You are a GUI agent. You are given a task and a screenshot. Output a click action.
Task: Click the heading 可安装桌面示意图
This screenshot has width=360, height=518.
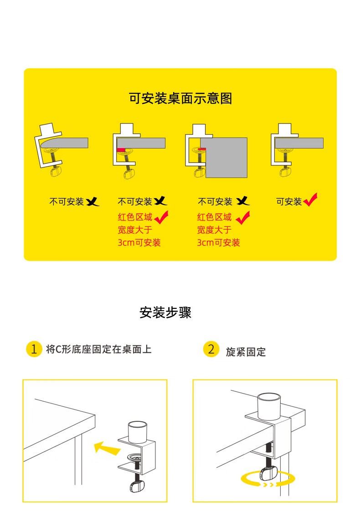click(x=180, y=98)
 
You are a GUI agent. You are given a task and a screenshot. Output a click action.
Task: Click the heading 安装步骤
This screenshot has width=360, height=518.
click(x=165, y=312)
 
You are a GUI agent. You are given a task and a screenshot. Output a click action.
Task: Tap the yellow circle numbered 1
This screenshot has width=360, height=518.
click(x=34, y=349)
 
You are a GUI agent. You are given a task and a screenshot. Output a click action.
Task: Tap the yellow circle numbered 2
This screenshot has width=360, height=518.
click(x=211, y=349)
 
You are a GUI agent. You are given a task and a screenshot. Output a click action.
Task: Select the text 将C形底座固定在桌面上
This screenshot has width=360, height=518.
click(x=99, y=349)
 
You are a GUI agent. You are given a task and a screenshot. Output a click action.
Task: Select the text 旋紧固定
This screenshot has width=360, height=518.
click(x=246, y=352)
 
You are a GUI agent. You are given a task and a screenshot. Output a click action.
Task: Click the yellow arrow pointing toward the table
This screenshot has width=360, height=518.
click(x=107, y=448)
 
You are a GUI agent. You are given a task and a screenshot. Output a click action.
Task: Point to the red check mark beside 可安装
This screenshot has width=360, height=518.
click(x=310, y=200)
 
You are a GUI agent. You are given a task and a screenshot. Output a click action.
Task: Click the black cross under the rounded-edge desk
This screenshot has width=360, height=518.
click(x=93, y=201)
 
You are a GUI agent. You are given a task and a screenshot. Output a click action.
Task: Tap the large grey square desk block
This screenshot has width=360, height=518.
click(x=224, y=158)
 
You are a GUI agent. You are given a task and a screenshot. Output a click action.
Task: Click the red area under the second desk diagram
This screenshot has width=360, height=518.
click(x=121, y=150)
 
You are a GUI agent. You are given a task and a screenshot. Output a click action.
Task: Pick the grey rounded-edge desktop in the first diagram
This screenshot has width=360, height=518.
click(x=64, y=143)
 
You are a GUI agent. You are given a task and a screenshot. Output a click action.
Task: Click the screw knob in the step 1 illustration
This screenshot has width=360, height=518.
click(x=137, y=486)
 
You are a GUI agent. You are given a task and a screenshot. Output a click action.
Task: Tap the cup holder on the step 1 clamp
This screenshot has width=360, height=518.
click(x=138, y=432)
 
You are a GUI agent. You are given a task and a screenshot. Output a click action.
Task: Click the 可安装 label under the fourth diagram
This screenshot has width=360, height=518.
click(x=289, y=201)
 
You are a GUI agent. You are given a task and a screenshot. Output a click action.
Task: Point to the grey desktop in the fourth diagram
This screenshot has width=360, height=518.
click(x=299, y=143)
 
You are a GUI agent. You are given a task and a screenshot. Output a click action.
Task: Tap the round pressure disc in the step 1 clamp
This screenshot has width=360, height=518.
click(x=135, y=457)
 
